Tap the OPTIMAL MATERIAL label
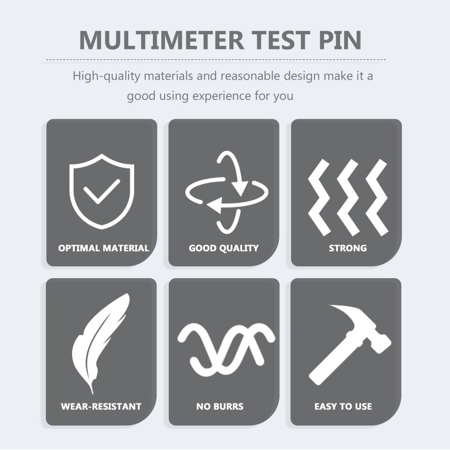click(104, 248)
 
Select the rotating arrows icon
click(227, 192)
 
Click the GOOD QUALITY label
click(224, 248)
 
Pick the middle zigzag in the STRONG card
click(348, 197)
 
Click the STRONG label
click(347, 248)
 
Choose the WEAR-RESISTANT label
click(101, 406)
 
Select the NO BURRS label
click(220, 406)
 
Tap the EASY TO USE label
click(343, 406)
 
